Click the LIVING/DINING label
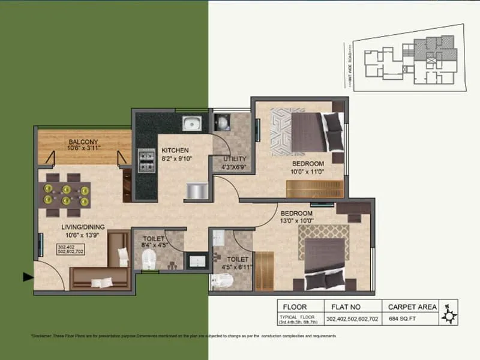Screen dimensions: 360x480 click(x=83, y=227)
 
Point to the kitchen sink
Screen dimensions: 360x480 click(x=192, y=124)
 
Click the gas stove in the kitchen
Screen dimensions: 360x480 click(x=146, y=160)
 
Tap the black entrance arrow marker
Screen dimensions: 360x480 click(x=28, y=277)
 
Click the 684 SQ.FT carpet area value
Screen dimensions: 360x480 click(x=402, y=319)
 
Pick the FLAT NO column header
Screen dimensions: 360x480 click(x=341, y=307)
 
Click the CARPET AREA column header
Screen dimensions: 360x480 click(x=412, y=307)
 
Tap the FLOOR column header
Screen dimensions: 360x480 click(x=295, y=307)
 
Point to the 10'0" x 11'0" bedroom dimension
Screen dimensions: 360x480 click(x=308, y=171)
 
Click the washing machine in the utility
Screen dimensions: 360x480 click(x=222, y=123)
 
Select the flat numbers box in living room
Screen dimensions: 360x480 click(x=70, y=249)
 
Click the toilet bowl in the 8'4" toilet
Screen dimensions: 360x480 click(x=149, y=260)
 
